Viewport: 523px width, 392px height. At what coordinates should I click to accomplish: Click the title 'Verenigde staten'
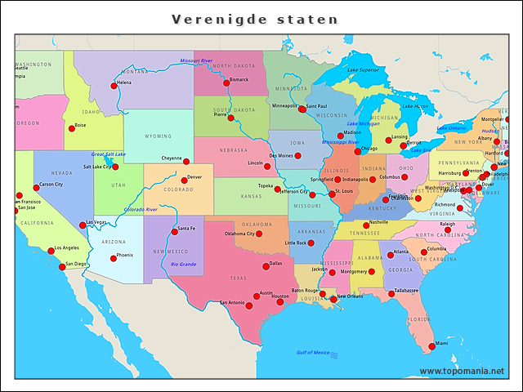[254, 18]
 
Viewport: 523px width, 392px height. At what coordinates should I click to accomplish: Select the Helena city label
[123, 83]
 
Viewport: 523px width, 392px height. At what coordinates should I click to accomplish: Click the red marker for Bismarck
[226, 82]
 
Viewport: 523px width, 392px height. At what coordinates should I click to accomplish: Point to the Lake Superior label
[363, 70]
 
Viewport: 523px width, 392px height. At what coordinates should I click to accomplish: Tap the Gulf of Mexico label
[312, 353]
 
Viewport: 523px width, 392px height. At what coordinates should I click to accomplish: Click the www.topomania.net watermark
[461, 372]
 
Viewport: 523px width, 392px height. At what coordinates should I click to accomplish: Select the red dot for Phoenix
[114, 258]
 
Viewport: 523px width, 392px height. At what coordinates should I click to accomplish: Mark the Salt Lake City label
[97, 167]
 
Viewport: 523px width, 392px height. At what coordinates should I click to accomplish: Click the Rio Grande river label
[183, 264]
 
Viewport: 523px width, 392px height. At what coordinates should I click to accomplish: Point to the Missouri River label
[196, 60]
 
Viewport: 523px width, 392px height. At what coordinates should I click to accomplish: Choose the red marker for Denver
[184, 180]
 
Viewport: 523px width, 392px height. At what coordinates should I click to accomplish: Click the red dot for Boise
[71, 128]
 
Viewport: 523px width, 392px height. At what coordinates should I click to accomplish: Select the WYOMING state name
[159, 136]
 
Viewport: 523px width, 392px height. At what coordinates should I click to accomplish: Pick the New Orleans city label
[350, 296]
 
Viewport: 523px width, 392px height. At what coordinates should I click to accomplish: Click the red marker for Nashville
[365, 223]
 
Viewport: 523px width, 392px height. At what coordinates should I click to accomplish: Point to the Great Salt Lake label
[109, 154]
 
